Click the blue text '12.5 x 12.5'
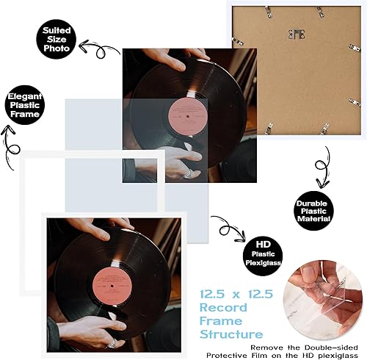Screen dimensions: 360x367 tap(235, 294)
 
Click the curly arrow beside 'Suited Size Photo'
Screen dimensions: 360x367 tap(99, 50)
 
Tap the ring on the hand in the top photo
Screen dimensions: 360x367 tap(189, 174)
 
